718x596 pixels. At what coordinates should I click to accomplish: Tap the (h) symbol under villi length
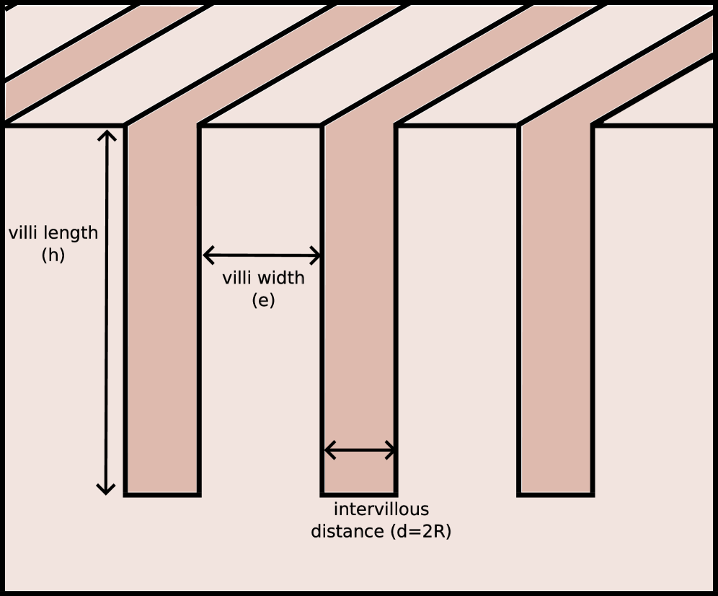53,255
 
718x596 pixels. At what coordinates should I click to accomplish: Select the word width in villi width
283,278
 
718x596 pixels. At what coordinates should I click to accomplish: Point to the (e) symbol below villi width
263,300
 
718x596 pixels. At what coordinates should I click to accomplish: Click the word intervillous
381,510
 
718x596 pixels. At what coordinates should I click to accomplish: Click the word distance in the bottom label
347,532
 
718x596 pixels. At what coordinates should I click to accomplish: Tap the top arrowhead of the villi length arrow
107,136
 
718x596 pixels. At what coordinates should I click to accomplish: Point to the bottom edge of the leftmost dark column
162,494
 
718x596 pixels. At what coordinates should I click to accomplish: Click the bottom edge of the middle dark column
359,494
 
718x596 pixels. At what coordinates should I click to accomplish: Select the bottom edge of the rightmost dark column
556,494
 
